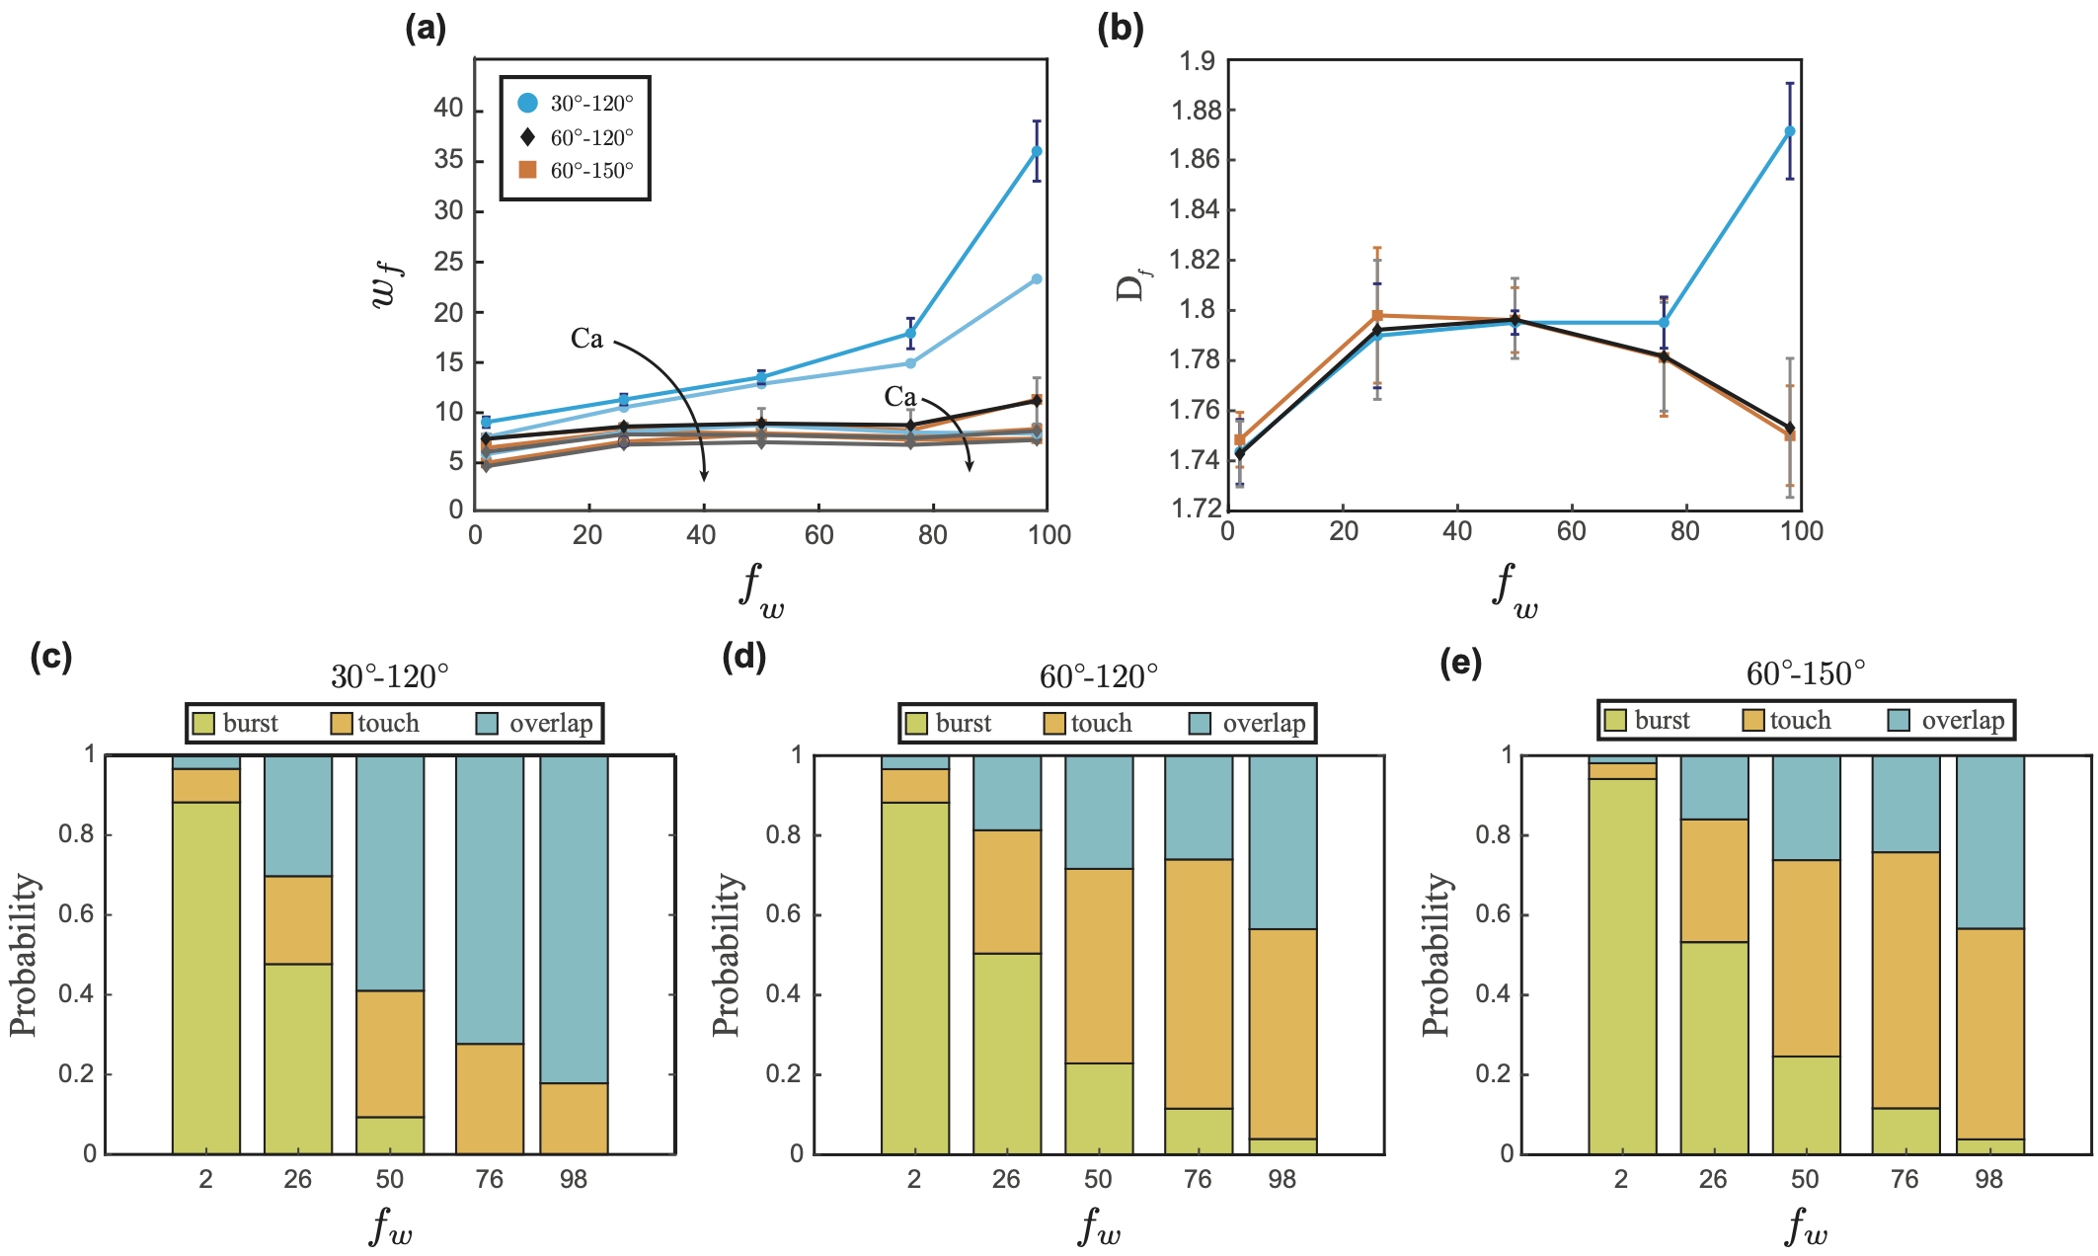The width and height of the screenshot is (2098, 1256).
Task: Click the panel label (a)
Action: coord(426,30)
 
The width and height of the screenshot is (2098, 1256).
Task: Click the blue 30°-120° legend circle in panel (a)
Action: coord(528,103)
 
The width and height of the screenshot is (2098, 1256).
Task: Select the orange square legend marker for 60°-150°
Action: coord(528,170)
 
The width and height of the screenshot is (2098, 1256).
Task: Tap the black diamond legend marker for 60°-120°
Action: coord(528,137)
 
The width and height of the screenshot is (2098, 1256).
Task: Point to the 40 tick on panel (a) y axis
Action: coord(448,108)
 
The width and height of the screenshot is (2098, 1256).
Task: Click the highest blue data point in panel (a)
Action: coord(1037,151)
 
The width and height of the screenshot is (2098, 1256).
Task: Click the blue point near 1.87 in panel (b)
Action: coord(1790,131)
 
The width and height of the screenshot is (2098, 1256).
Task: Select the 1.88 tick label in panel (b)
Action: coord(1195,110)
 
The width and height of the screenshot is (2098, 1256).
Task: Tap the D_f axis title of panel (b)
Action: coord(1131,286)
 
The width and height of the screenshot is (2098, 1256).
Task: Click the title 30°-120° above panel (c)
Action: coord(389,677)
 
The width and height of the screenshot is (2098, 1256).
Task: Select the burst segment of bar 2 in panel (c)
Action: coord(206,978)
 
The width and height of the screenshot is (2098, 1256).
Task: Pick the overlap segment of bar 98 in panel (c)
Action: coord(574,918)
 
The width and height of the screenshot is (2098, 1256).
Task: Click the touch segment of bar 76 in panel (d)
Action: coord(1199,983)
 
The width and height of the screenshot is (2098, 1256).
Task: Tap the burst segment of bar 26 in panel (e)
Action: coord(1714,1047)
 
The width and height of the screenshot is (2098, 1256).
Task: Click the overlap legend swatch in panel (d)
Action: coord(1201,724)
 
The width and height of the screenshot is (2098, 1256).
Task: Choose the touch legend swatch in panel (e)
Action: coord(1754,721)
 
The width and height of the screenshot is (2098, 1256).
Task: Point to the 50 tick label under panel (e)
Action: coord(1805,1179)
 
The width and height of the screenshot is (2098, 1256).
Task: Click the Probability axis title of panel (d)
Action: coord(727,954)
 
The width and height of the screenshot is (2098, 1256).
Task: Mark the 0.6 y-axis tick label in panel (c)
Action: coord(77,914)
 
